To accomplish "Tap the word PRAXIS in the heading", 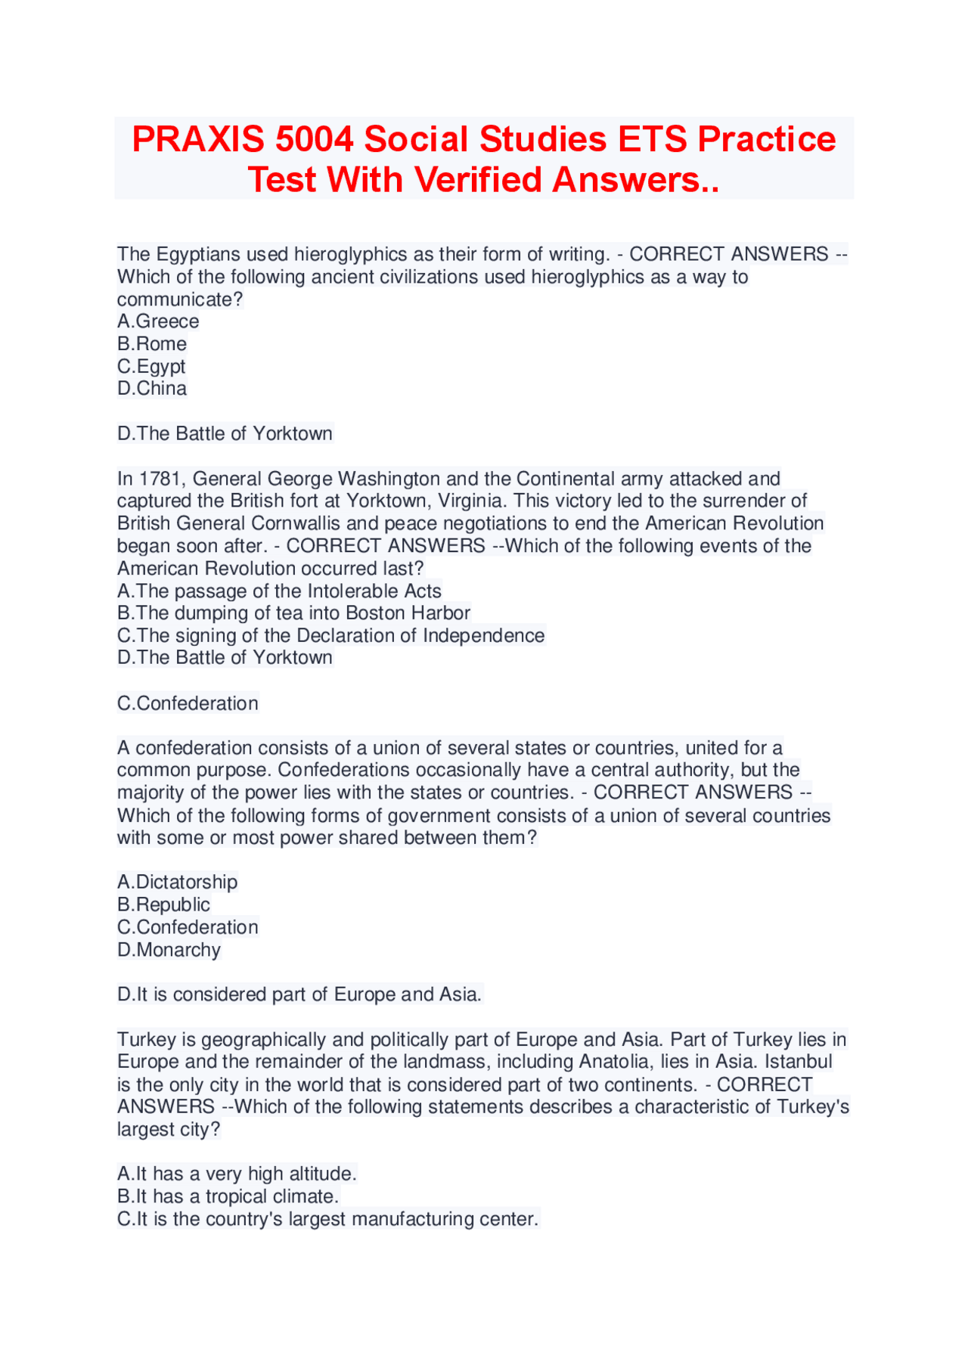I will (x=198, y=140).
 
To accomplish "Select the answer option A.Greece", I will (x=158, y=321).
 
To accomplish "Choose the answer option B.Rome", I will (x=152, y=344).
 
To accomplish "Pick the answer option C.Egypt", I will (x=151, y=367).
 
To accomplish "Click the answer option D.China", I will (x=152, y=389).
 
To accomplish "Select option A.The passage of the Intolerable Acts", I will (x=279, y=591).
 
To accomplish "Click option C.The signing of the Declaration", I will (x=330, y=636).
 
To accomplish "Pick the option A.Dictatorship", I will (x=177, y=883).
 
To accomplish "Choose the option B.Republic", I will (x=163, y=905).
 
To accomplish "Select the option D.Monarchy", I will (x=169, y=950).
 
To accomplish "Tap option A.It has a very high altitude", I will (x=237, y=1174).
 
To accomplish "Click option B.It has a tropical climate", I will (x=228, y=1197).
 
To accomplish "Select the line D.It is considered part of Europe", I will (x=299, y=994).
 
